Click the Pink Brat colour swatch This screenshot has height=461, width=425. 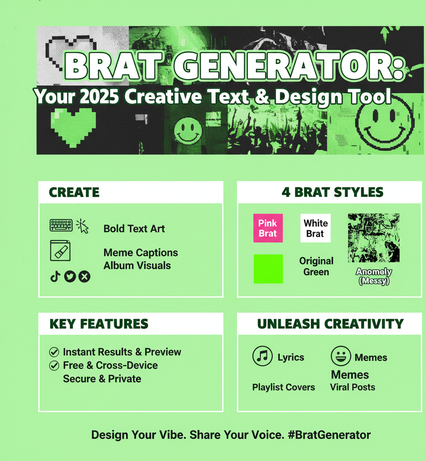click(x=268, y=228)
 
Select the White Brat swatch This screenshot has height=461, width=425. click(x=315, y=228)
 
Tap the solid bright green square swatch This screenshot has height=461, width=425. click(x=268, y=269)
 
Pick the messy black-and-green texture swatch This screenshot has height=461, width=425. click(x=374, y=238)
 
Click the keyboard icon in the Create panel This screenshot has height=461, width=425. click(x=61, y=225)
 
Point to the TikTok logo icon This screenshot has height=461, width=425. click(x=55, y=276)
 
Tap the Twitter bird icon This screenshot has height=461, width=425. click(x=70, y=276)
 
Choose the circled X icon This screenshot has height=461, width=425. click(x=84, y=276)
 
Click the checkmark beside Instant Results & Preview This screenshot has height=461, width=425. click(x=54, y=352)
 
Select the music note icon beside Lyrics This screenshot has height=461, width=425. click(x=262, y=357)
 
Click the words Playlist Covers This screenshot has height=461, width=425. click(x=283, y=387)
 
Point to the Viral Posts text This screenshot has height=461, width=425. click(x=352, y=387)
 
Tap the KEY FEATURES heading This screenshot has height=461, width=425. click(x=98, y=324)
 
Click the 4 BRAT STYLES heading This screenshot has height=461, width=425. click(x=332, y=192)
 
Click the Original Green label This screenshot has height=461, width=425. click(x=316, y=267)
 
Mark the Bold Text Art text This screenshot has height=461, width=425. click(x=134, y=228)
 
